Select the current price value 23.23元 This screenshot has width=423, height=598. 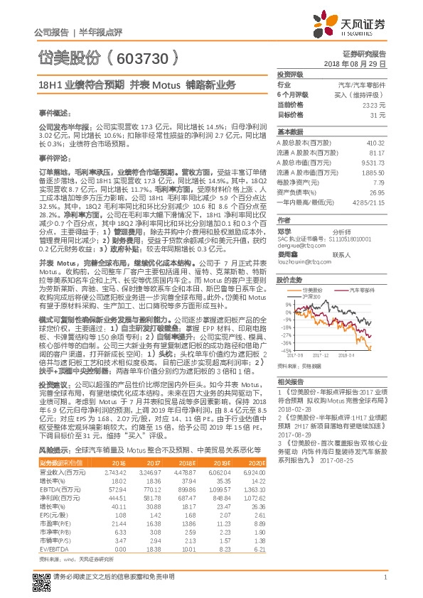(x=374, y=104)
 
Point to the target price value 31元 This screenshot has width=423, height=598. (x=379, y=114)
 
